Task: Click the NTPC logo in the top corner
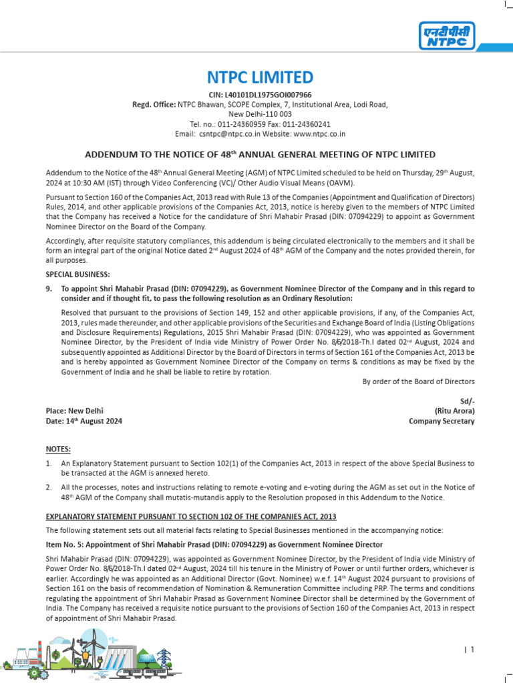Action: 448,35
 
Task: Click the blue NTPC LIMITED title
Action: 256,77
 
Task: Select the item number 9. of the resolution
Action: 49,289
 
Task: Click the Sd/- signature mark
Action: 467,400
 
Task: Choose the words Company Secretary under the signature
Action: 442,422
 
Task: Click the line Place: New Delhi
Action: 74,411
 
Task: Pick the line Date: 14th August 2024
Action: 83,422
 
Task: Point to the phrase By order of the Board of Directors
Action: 418,382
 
